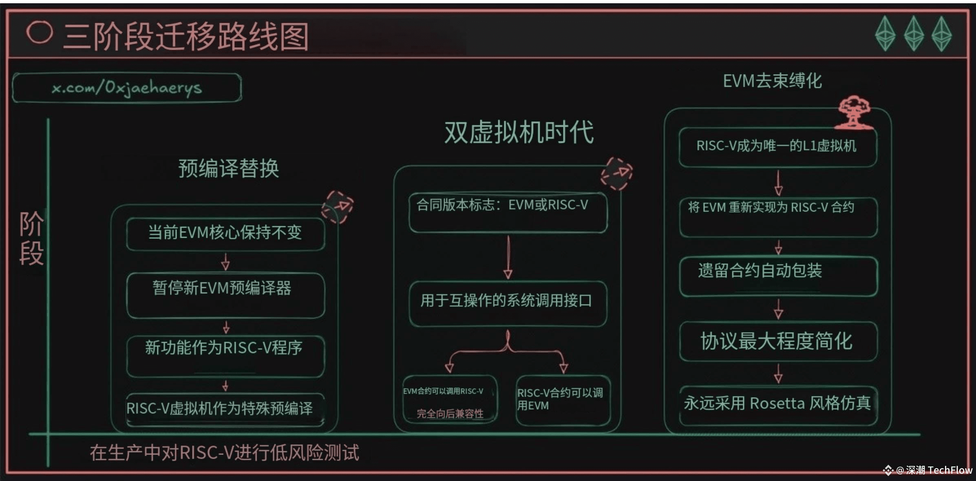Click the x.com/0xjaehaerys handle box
click(x=127, y=88)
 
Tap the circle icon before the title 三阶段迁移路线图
click(x=40, y=32)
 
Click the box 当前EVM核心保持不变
click(x=225, y=234)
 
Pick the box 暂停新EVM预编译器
click(x=225, y=295)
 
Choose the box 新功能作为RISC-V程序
click(x=225, y=356)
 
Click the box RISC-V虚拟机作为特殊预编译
click(x=225, y=409)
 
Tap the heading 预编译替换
click(x=229, y=168)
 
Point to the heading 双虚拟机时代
click(x=519, y=132)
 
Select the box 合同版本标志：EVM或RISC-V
click(x=508, y=212)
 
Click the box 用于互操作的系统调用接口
click(x=508, y=303)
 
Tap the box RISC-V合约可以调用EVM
click(x=563, y=400)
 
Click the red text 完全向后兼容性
click(x=450, y=414)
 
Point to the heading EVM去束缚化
click(x=772, y=81)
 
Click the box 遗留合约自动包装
click(x=778, y=276)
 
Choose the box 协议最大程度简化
click(x=778, y=341)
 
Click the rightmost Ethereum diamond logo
click(x=942, y=34)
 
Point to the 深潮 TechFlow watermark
click(x=928, y=470)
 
